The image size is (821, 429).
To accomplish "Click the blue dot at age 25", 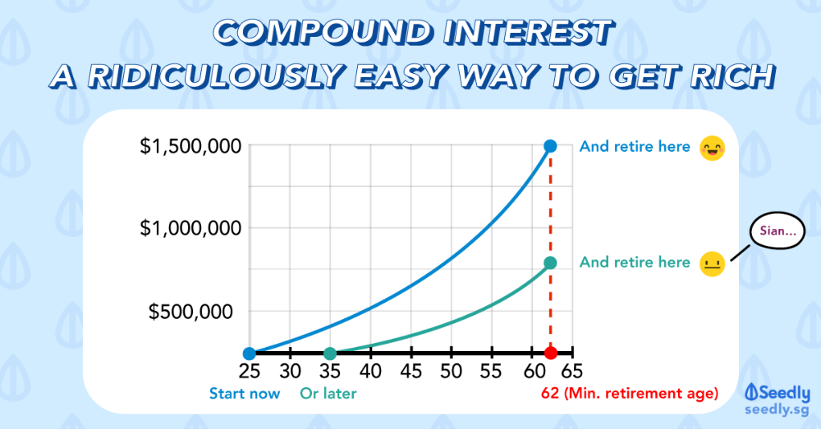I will (x=250, y=354).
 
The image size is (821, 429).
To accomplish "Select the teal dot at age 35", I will (x=330, y=354).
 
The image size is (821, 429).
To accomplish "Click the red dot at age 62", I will (x=551, y=354).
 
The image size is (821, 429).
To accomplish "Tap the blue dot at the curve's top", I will (x=551, y=146).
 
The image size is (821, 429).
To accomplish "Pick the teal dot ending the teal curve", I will (x=551, y=262).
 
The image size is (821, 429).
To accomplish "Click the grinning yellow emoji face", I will (x=711, y=148).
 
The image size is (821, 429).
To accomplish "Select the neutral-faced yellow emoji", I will (x=711, y=264).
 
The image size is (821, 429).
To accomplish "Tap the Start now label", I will (x=245, y=394).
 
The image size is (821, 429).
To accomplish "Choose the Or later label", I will (x=328, y=394).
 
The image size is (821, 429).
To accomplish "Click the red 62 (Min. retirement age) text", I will (x=630, y=394).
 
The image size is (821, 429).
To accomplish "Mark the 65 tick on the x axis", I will (x=571, y=371).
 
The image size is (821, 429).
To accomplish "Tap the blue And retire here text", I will (x=635, y=147).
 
